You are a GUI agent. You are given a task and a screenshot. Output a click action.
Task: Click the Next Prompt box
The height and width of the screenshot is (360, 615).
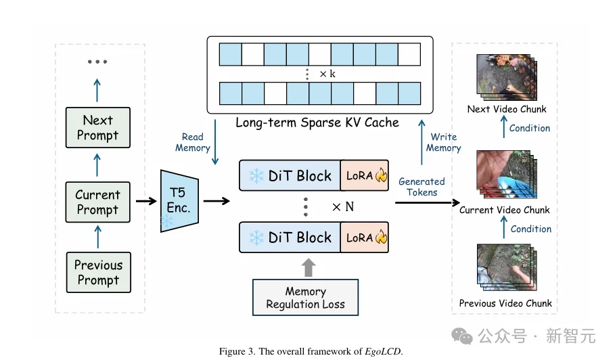[x=98, y=128]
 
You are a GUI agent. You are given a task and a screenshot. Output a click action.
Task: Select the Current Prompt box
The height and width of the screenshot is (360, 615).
[x=98, y=202]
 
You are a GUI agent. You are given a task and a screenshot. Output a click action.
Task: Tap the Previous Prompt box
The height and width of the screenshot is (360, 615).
[x=98, y=272]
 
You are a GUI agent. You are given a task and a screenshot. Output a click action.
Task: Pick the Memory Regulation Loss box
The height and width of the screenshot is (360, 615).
[x=305, y=298]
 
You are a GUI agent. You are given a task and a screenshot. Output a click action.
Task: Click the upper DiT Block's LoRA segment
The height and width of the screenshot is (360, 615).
[x=364, y=176]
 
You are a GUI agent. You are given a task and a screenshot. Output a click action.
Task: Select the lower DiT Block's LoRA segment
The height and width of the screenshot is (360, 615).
[x=364, y=238]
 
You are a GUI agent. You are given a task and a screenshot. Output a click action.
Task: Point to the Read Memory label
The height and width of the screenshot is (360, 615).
[x=193, y=143]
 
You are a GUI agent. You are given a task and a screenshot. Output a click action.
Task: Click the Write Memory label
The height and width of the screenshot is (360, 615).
[x=443, y=143]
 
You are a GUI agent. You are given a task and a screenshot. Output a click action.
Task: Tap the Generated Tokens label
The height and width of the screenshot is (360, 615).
[x=422, y=187]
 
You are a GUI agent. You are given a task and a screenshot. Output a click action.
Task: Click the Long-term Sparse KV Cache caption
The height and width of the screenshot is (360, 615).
[x=317, y=122]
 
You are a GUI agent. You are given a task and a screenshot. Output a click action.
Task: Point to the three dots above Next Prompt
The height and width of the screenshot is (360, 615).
[x=97, y=62]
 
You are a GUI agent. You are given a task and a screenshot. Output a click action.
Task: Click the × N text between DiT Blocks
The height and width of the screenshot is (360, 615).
[x=343, y=207]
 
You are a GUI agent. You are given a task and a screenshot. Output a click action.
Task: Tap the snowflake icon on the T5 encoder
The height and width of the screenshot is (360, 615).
[x=166, y=221]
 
